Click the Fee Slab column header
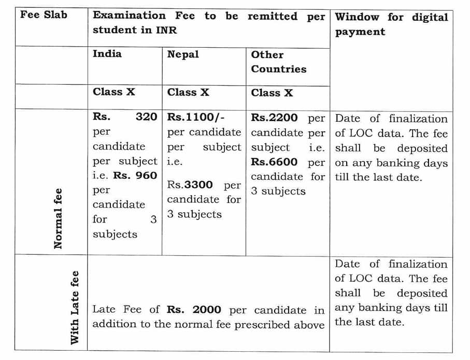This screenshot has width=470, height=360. pos(44,15)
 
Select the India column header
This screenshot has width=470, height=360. pos(107,53)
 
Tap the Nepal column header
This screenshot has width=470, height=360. pos(182,54)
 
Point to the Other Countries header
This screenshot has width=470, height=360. pos(278,61)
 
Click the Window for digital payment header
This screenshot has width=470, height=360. pos(391,24)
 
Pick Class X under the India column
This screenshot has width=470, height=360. pos(113,92)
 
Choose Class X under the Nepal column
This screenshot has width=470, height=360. pos(188,92)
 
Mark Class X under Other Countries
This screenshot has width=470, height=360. pos(272,93)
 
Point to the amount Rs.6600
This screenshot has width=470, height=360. pos(274,162)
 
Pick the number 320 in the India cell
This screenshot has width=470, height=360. pos(146,117)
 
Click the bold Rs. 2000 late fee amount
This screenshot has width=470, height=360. pos(194,310)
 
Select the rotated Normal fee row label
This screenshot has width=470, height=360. pos(58,218)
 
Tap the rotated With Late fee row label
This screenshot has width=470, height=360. pos(75,307)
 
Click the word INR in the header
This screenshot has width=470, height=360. pos(166,30)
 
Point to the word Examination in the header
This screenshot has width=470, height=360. pos(129,16)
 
